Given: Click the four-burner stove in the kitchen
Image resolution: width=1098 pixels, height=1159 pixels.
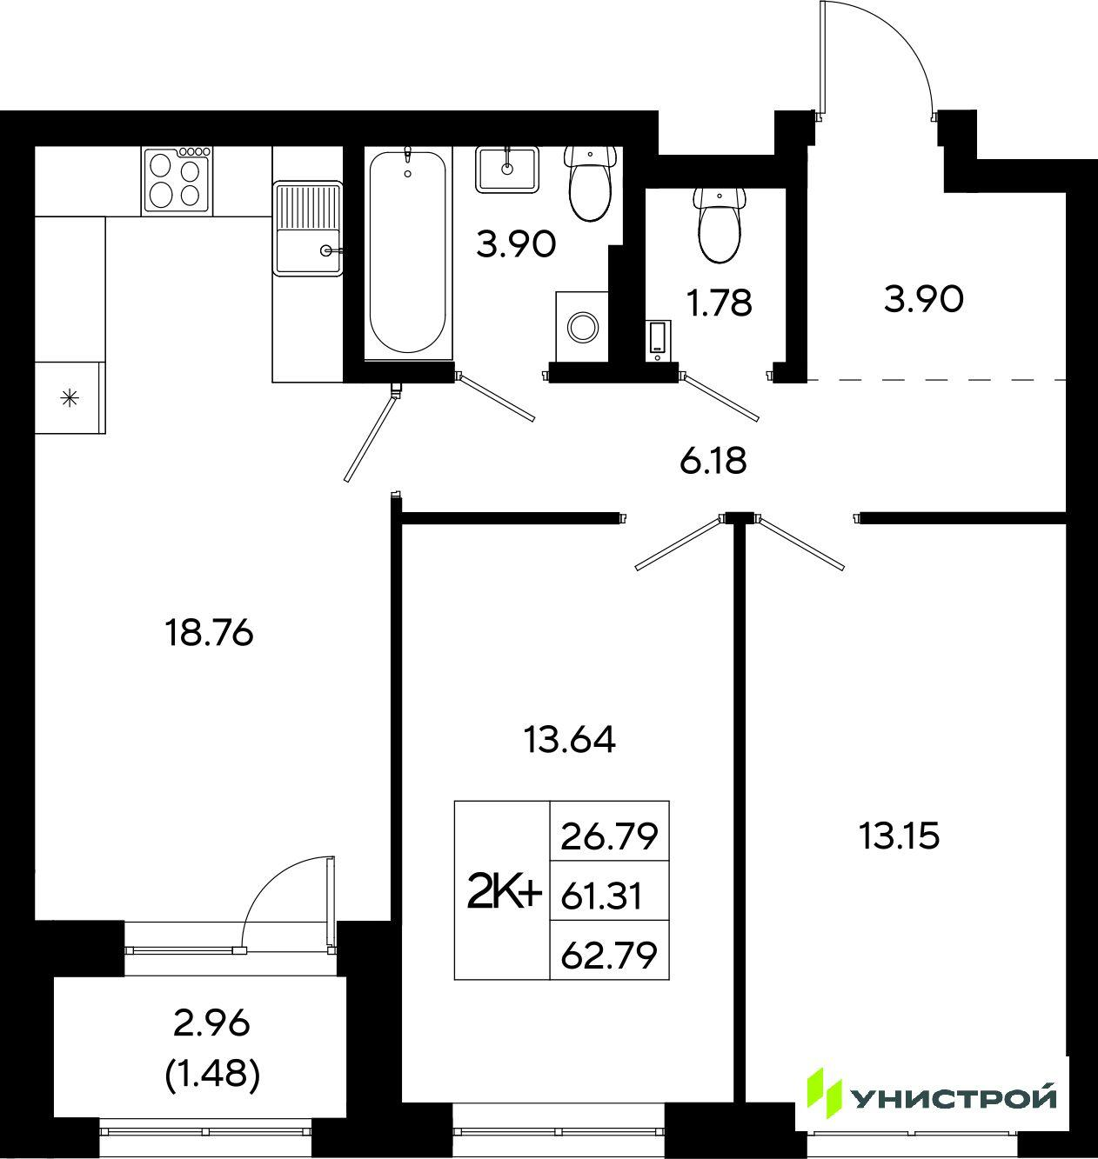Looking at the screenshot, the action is [x=177, y=180].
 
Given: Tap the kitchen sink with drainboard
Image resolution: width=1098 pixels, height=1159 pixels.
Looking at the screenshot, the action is [x=307, y=228].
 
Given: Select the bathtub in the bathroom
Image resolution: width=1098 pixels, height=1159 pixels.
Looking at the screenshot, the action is [x=407, y=252].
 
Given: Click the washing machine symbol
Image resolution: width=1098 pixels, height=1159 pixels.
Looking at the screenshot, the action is [x=582, y=326].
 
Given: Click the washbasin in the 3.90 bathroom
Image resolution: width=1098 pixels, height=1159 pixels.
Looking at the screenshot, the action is [x=507, y=170].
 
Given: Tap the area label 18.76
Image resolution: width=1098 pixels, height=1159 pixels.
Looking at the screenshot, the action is [x=210, y=633].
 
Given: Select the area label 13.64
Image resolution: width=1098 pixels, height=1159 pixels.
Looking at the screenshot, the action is [x=569, y=740].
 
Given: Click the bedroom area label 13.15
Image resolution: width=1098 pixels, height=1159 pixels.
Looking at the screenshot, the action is [x=899, y=836].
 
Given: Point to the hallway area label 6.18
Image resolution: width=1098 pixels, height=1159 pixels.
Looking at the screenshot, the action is [x=713, y=461].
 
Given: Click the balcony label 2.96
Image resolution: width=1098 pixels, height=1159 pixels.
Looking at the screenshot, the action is [x=211, y=1024].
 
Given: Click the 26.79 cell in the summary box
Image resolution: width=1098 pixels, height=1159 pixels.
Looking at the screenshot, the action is [x=610, y=836].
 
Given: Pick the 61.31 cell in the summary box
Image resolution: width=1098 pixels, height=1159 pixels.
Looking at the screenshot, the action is [x=601, y=896].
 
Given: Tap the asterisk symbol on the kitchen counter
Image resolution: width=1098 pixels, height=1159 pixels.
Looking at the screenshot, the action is [x=70, y=399].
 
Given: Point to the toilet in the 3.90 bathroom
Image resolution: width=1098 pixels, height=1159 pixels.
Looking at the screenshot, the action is [x=590, y=183].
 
